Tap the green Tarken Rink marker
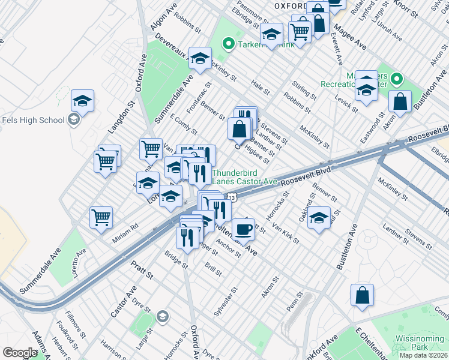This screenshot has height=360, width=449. (x=228, y=43)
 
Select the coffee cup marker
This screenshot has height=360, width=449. (x=243, y=229)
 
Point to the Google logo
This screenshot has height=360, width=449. (x=20, y=353)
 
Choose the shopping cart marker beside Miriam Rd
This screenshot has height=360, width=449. (x=101, y=217)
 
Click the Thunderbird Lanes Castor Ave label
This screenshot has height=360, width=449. (x=244, y=176)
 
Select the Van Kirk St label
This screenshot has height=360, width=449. (x=286, y=232)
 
